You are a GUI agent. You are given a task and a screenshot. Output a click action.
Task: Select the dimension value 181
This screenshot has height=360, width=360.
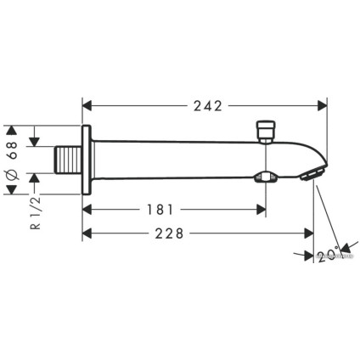(172, 207)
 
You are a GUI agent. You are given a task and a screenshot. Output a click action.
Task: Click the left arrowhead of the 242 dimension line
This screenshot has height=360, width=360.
(87, 106)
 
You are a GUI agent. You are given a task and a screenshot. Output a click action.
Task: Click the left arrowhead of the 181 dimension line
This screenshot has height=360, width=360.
(87, 208)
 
